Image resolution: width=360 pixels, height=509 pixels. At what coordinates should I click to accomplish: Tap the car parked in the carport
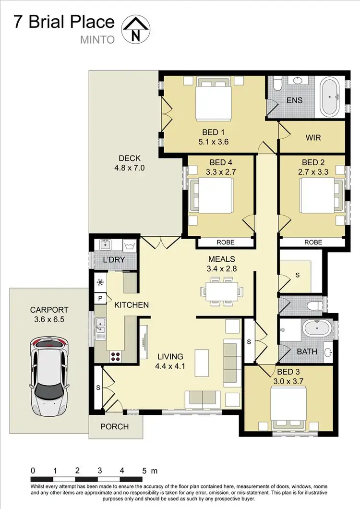(x=48, y=375)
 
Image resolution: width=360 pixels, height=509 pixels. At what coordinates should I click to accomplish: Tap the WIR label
(x=313, y=137)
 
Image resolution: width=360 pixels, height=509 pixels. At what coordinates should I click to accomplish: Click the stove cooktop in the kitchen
(x=116, y=356)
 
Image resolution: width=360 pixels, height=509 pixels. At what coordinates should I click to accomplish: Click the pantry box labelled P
(x=101, y=298)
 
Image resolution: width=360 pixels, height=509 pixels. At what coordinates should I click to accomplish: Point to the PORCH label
(x=114, y=426)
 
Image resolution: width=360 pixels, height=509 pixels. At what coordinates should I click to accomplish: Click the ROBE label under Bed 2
(x=313, y=243)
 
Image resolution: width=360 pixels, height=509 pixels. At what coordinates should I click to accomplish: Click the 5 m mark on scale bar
(x=144, y=471)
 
